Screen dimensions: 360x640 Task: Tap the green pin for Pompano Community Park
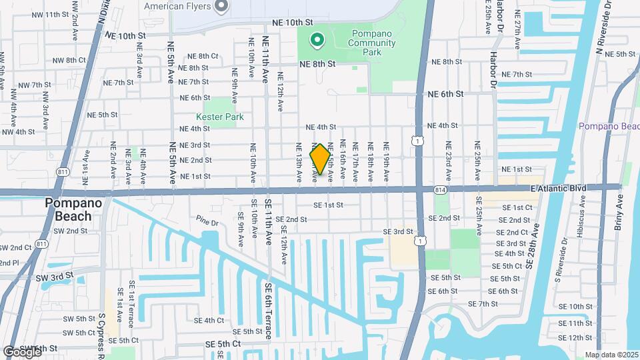tap(317, 41)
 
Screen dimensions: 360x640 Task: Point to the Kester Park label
tap(224, 117)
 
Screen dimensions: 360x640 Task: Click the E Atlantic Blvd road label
tap(559, 189)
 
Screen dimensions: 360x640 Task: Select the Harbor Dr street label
tap(493, 70)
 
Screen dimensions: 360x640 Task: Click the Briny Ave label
tap(619, 212)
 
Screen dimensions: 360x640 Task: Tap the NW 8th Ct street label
tap(69, 60)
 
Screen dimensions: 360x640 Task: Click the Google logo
tap(22, 352)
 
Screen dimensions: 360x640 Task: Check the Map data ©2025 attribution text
tap(611, 355)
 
